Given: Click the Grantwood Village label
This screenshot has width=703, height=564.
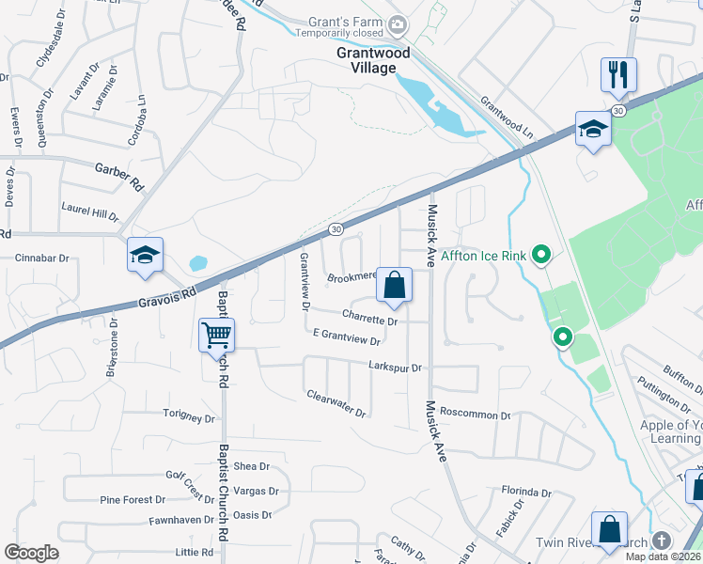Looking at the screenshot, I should point(373,61).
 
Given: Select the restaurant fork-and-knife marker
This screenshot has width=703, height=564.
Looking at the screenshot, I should point(618,74).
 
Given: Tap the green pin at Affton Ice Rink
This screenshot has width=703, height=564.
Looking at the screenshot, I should point(540,254).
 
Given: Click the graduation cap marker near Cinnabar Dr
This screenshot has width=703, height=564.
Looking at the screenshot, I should point(146,255).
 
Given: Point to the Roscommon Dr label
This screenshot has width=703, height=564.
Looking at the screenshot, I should point(475,415).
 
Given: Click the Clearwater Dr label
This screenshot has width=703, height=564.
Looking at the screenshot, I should point(336,403).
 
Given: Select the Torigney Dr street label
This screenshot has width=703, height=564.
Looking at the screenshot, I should point(190,415).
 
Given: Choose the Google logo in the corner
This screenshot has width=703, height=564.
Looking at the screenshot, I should point(31,553).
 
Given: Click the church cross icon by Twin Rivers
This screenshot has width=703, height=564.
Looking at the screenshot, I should point(661,541).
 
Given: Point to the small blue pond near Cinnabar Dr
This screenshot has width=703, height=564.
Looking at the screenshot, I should point(197,263).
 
